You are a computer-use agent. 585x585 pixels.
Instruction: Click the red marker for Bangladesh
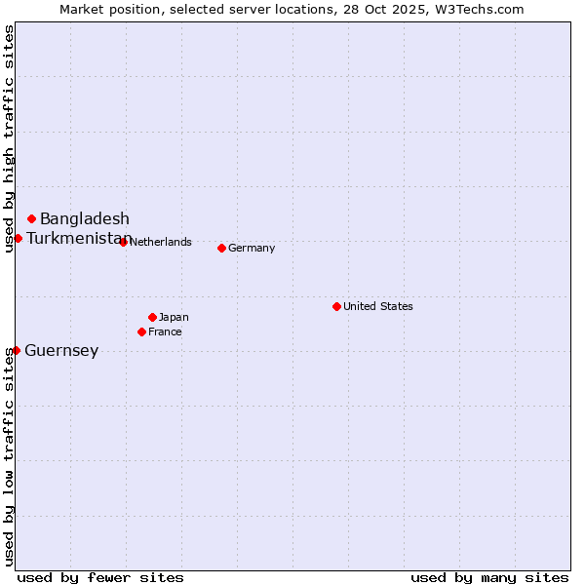tap(32, 218)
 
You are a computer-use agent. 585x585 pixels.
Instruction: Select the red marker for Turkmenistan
tap(18, 238)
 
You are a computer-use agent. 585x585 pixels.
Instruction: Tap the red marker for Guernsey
tap(16, 350)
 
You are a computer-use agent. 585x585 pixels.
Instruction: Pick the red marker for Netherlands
tap(123, 242)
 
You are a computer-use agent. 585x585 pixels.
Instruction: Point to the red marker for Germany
tap(221, 248)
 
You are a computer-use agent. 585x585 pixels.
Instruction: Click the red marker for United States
tap(336, 306)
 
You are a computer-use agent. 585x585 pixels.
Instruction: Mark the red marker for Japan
tap(152, 317)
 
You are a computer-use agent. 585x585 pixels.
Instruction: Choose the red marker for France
tap(141, 331)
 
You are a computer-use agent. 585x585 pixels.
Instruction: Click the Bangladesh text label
tap(85, 218)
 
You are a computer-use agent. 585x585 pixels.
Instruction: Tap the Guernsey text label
tap(61, 351)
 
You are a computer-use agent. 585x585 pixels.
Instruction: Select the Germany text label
tap(252, 248)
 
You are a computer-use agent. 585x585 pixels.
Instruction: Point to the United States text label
tap(378, 306)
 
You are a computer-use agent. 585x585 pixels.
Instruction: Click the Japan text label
tap(174, 317)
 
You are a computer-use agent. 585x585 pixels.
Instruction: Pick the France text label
tap(165, 331)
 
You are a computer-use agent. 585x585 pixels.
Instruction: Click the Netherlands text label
tap(160, 242)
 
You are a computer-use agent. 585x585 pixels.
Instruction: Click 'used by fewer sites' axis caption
tap(100, 577)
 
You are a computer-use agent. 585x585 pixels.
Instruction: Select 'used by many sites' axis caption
tap(489, 577)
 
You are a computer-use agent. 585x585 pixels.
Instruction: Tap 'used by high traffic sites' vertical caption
tap(9, 138)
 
